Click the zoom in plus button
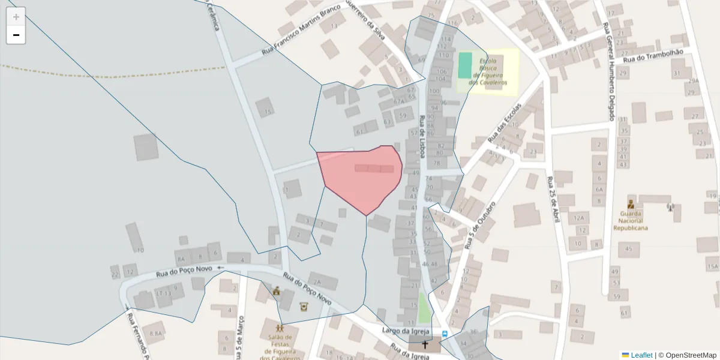click(16, 17)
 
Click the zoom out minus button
click(16, 35)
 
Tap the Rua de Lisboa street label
click(422, 137)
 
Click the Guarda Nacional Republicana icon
click(631, 203)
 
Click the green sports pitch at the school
click(465, 65)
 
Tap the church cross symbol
click(425, 345)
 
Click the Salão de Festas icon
click(280, 328)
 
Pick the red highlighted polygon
click(360, 177)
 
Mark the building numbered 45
click(629, 248)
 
